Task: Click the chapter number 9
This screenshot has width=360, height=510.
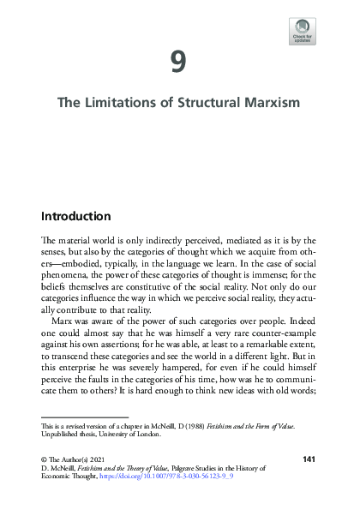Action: [178, 61]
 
